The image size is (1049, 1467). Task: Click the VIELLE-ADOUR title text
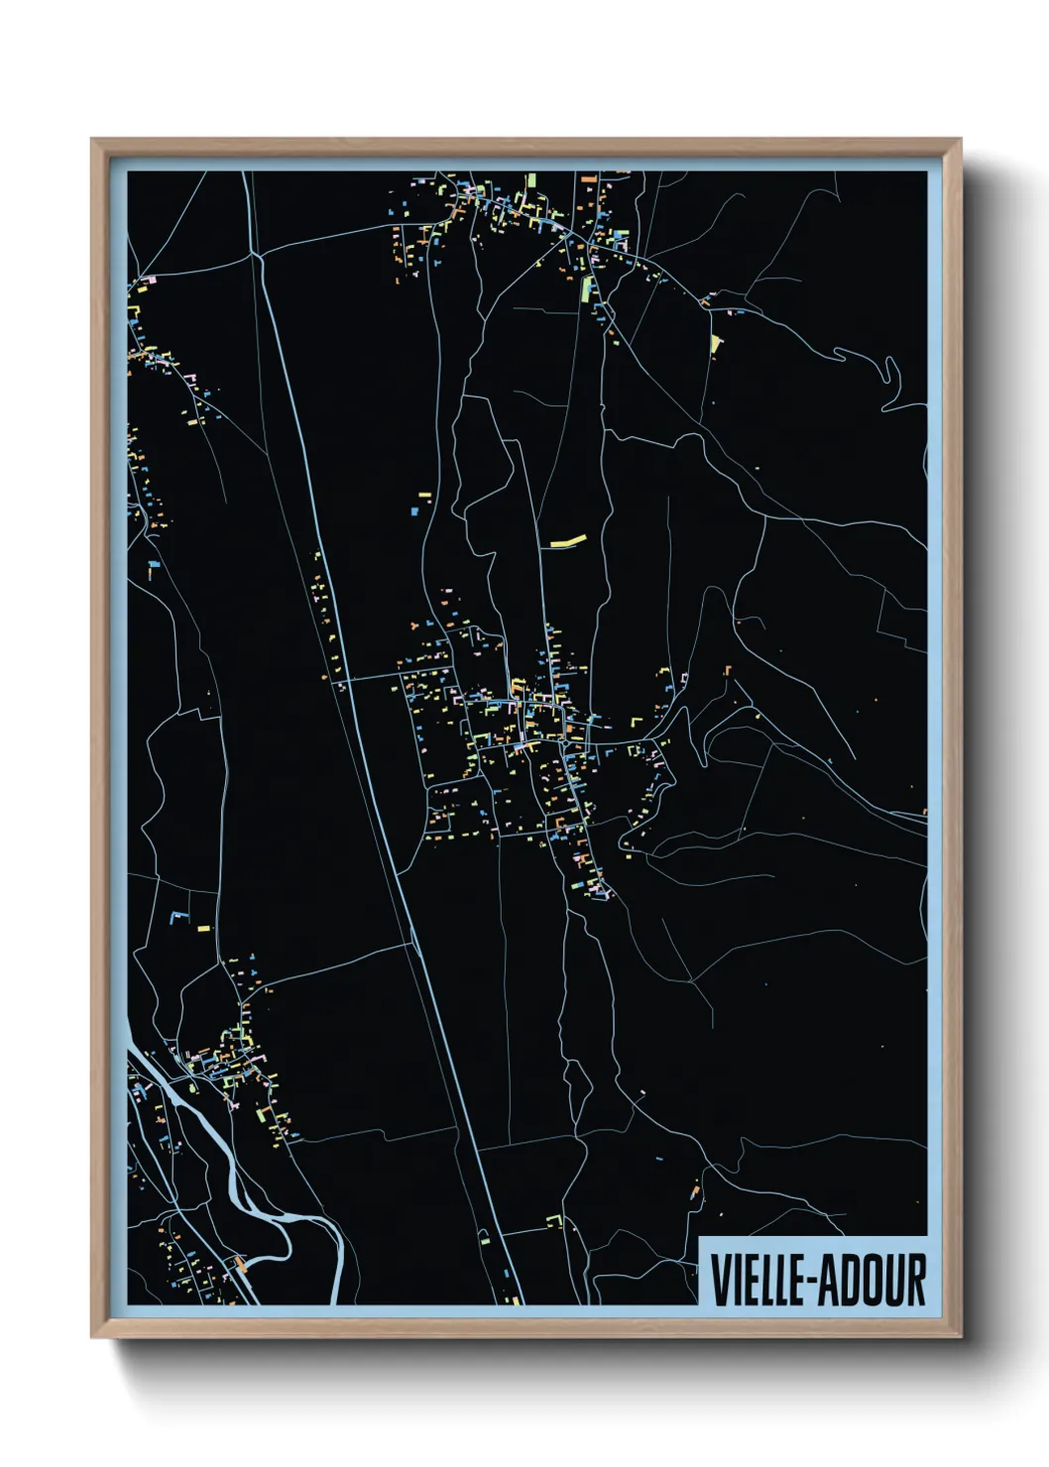818,1280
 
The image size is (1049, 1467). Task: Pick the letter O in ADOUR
880,1280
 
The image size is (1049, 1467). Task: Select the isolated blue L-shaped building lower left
178,916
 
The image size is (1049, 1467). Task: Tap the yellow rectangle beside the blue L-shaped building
204,929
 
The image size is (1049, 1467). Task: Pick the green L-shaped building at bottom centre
555,1220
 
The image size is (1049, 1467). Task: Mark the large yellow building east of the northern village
716,343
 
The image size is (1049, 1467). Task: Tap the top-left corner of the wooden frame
93,141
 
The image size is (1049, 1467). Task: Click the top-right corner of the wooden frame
959,141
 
